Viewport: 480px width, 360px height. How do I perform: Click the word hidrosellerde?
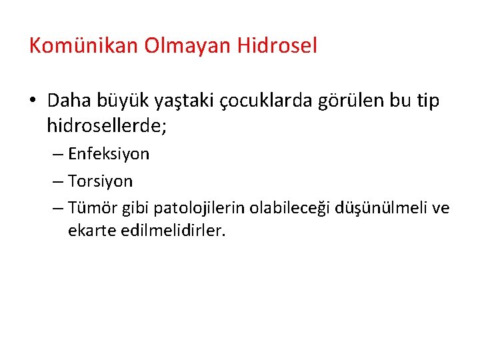pos(107,125)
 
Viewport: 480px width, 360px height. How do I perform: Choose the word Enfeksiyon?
pos(109,154)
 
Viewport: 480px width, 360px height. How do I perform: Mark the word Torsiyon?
pos(100,181)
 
